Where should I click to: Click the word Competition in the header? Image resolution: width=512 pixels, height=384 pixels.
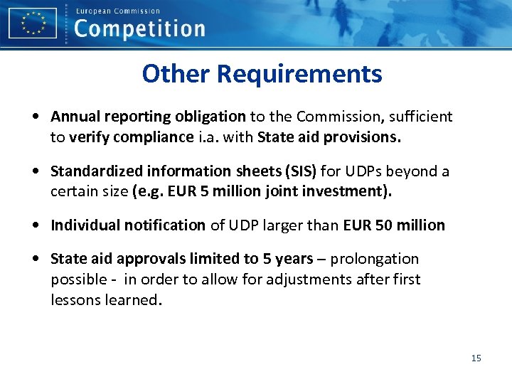(139, 30)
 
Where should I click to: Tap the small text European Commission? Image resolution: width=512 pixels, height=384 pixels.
(118, 11)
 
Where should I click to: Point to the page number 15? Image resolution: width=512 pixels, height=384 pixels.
(476, 358)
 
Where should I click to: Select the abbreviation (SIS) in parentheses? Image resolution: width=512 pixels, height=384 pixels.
(302, 171)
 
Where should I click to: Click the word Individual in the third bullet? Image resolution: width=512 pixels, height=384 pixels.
(85, 225)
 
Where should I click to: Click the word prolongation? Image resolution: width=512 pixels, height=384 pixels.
(375, 259)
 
